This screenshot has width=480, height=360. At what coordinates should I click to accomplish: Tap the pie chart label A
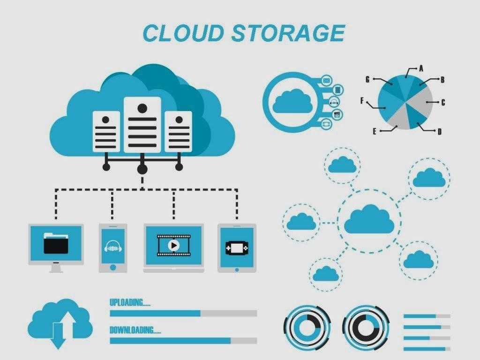(x=421, y=68)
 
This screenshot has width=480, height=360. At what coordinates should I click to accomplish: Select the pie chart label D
(x=439, y=132)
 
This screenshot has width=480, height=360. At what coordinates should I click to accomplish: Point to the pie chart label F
(x=362, y=100)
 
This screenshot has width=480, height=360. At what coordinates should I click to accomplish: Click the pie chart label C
(x=443, y=102)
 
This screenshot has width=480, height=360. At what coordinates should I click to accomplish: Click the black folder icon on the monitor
(x=56, y=243)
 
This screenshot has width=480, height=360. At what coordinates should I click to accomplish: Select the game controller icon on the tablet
(x=236, y=247)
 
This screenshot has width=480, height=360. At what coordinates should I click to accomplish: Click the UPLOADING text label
(x=130, y=302)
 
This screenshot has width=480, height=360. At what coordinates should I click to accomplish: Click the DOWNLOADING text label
(x=135, y=330)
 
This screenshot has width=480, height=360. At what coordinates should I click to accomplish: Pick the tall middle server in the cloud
(x=142, y=124)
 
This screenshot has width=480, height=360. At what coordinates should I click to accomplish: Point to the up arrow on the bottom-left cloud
(x=68, y=321)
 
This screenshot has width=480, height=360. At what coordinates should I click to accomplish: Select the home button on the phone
(x=113, y=267)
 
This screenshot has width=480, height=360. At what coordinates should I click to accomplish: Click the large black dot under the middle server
(x=142, y=169)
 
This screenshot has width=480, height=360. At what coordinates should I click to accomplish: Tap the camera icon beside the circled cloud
(x=336, y=113)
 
